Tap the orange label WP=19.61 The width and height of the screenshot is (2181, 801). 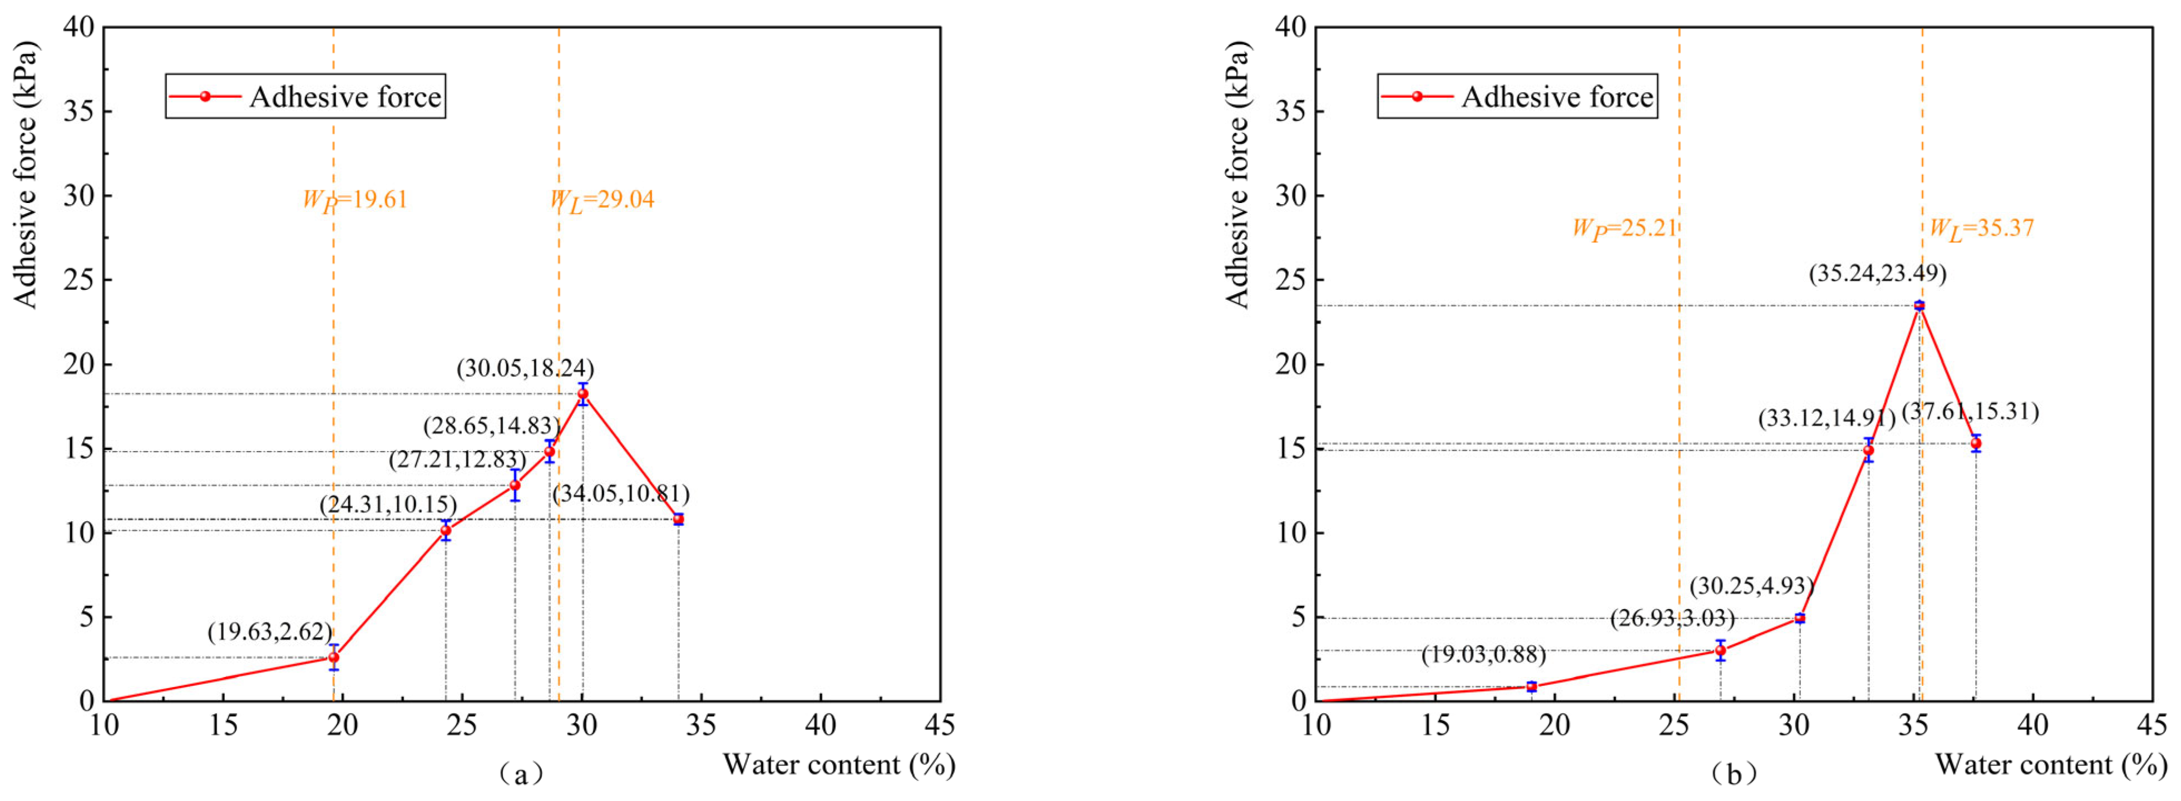pyautogui.click(x=355, y=200)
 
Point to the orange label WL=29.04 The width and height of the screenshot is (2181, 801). pyautogui.click(x=602, y=200)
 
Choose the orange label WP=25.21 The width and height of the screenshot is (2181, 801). pyautogui.click(x=1624, y=229)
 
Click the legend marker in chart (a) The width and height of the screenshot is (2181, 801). pyautogui.click(x=205, y=97)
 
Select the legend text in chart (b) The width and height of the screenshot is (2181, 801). pyautogui.click(x=1557, y=97)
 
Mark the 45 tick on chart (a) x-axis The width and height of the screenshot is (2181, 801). pyautogui.click(x=940, y=726)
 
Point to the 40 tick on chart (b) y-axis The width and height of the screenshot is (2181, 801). pyautogui.click(x=1290, y=27)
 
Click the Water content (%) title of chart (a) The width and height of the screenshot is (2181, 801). pyautogui.click(x=839, y=765)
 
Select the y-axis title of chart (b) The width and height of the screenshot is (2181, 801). pyautogui.click(x=1238, y=175)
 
